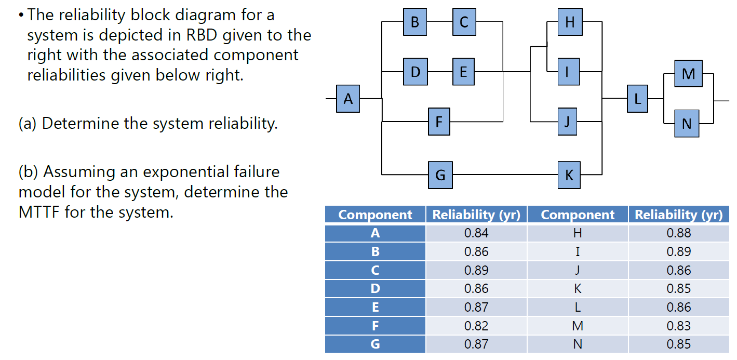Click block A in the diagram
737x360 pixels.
coord(347,98)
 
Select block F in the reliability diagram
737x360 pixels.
coord(439,122)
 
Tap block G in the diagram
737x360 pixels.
coord(439,175)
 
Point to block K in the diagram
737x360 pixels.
coord(569,175)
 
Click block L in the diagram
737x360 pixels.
coord(637,98)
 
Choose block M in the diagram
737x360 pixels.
coord(688,74)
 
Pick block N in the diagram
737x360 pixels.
coord(687,124)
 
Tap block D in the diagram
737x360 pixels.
coord(416,72)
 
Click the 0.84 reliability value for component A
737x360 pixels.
coord(476,233)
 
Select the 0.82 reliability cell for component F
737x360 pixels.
coord(476,326)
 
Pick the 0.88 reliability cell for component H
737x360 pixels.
coord(678,233)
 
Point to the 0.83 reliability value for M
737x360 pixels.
coord(678,326)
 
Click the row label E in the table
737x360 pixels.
coord(375,307)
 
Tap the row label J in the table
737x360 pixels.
coord(577,270)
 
